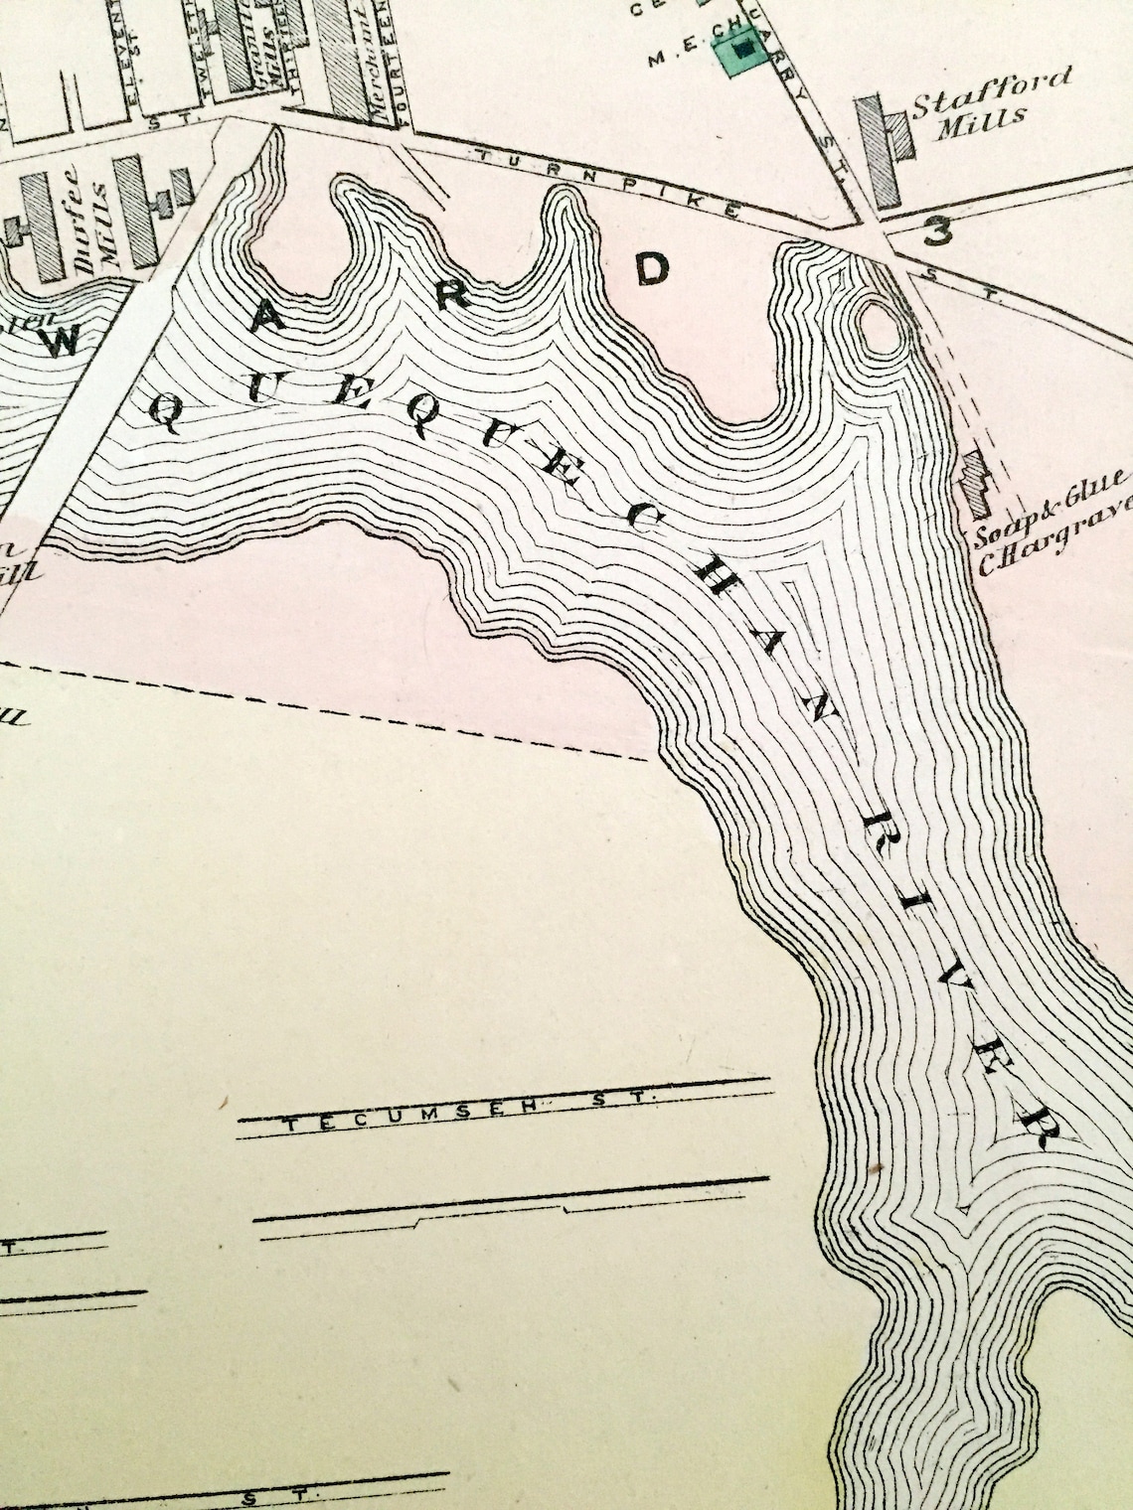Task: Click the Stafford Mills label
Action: coord(990,95)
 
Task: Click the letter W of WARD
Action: coord(62,343)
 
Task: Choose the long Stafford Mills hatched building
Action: coord(881,150)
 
